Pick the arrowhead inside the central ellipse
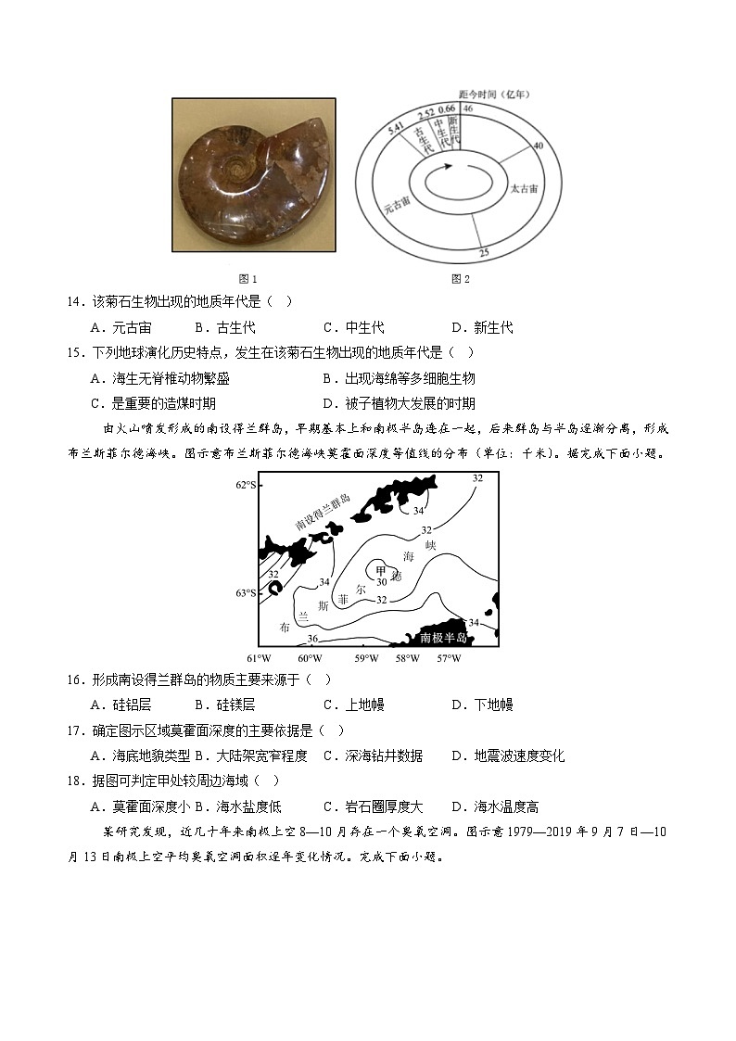448,167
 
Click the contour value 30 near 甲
381,582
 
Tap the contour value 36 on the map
312,638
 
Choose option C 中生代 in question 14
353,327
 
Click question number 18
76,781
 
